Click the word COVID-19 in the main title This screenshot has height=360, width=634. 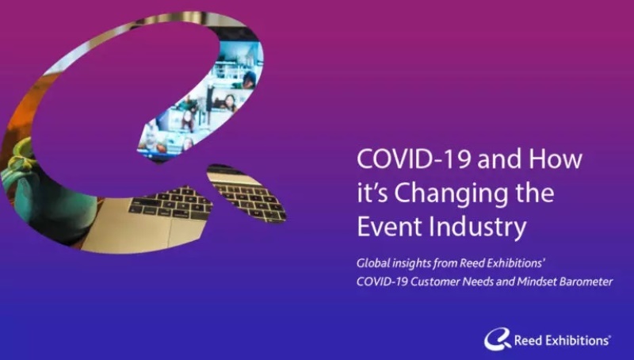coord(414,159)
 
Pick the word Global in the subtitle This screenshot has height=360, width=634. coord(372,263)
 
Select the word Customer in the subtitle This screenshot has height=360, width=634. coord(434,281)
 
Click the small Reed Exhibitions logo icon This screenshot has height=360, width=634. coord(498,339)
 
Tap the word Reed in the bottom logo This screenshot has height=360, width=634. coord(528,341)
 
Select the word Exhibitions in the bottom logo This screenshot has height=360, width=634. coord(577,341)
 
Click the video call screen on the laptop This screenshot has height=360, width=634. coord(202,97)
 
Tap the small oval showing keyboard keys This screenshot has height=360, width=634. coord(246,193)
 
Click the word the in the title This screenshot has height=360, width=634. coord(534,193)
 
